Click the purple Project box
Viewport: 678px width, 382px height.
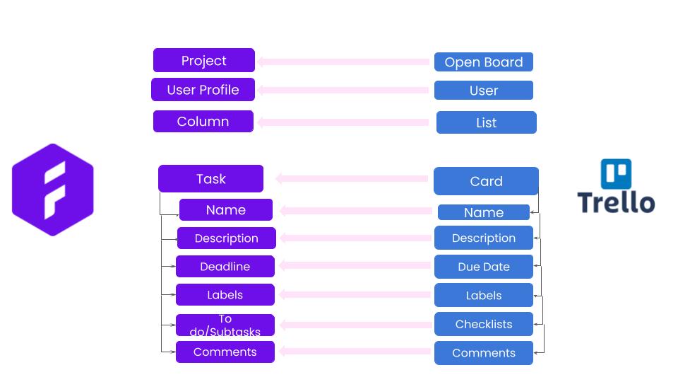pyautogui.click(x=203, y=60)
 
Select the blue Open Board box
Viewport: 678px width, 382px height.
pyautogui.click(x=483, y=62)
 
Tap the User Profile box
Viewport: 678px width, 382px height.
pyautogui.click(x=203, y=90)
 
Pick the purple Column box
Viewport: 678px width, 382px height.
pyautogui.click(x=203, y=121)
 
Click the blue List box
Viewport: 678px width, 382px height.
pyautogui.click(x=487, y=122)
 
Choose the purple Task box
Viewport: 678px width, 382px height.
pyautogui.click(x=210, y=178)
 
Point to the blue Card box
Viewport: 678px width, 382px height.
pyautogui.click(x=486, y=181)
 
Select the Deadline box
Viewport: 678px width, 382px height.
pyautogui.click(x=225, y=267)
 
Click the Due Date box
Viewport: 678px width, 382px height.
pyautogui.click(x=483, y=267)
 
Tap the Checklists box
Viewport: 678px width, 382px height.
pyautogui.click(x=483, y=324)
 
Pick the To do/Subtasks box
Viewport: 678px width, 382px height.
pyautogui.click(x=225, y=325)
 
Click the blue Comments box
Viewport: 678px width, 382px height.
pyautogui.click(x=483, y=353)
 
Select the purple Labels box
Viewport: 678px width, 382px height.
pyautogui.click(x=225, y=295)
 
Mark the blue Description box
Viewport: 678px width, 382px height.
pyautogui.click(x=483, y=238)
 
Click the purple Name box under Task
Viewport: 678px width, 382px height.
pyautogui.click(x=226, y=209)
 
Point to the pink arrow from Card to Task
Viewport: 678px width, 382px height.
pyautogui.click(x=352, y=178)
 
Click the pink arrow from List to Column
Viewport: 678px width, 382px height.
pyautogui.click(x=343, y=122)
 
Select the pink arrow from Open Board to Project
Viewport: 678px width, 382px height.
pyautogui.click(x=343, y=62)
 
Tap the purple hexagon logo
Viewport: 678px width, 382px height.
pyautogui.click(x=53, y=190)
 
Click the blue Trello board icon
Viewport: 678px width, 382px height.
pyautogui.click(x=616, y=174)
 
